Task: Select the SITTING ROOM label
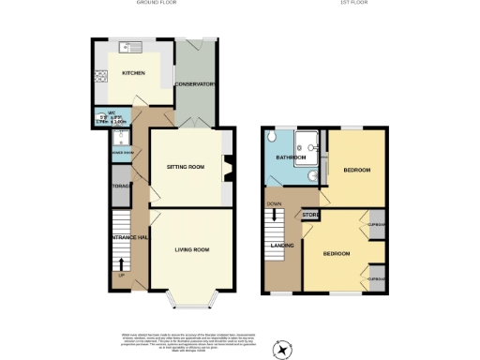tap(185, 166)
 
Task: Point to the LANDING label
tap(280, 246)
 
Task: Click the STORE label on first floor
tap(310, 216)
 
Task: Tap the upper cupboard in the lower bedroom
tap(377, 226)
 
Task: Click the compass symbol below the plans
tap(280, 348)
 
